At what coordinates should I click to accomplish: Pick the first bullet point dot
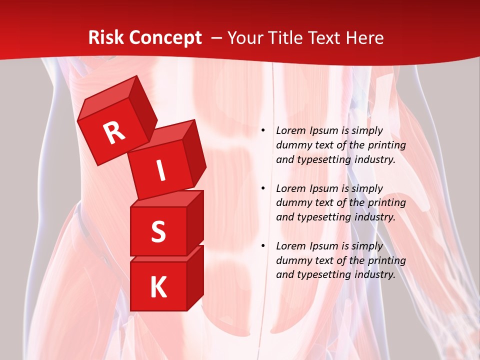click(263, 130)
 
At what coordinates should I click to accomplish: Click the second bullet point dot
click(263, 188)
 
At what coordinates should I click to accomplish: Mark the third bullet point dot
click(263, 246)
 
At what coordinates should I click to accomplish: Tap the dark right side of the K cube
click(195, 277)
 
